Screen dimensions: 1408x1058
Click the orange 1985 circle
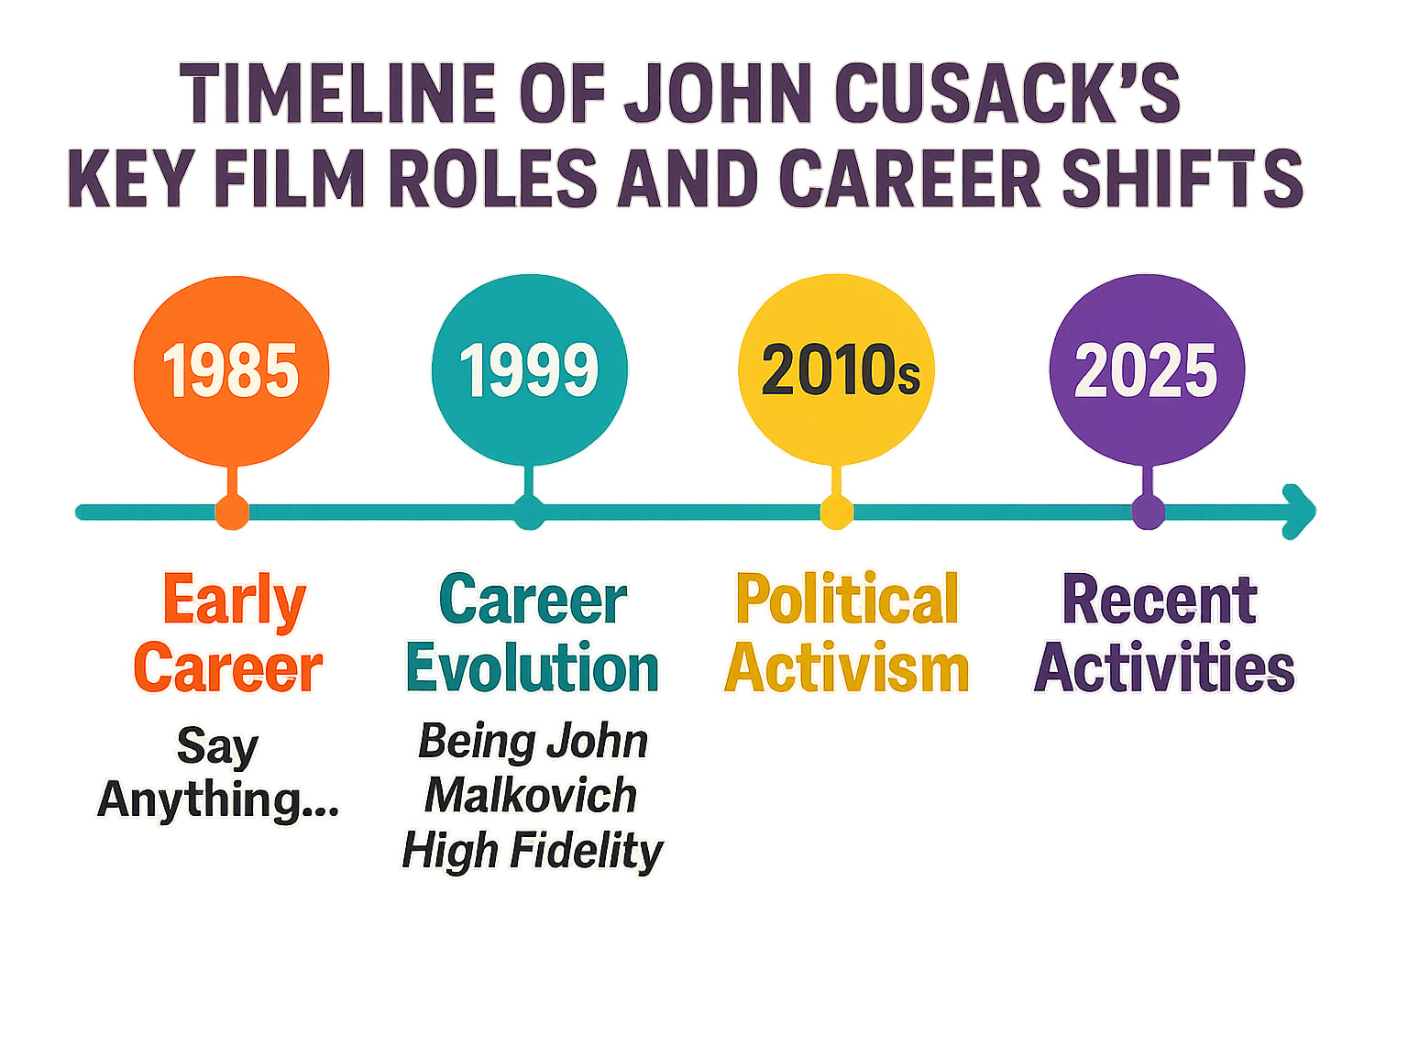click(x=231, y=370)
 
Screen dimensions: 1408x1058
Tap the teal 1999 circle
click(x=529, y=369)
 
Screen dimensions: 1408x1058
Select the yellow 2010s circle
click(x=836, y=369)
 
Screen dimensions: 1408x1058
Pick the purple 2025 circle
click(x=1147, y=369)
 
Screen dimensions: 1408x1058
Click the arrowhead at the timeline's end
click(x=1300, y=512)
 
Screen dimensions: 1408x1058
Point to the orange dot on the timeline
click(x=232, y=512)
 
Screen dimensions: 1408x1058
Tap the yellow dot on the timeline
click(x=837, y=512)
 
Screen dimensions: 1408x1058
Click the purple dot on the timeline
click(x=1148, y=512)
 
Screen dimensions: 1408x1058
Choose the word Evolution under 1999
click(x=533, y=667)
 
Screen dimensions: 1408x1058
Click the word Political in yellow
click(x=847, y=598)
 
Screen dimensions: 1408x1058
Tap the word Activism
click(x=847, y=667)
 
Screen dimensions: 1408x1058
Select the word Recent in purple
click(x=1160, y=600)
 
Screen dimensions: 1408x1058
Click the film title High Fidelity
click(x=533, y=851)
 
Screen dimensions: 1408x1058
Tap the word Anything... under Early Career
click(x=218, y=800)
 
